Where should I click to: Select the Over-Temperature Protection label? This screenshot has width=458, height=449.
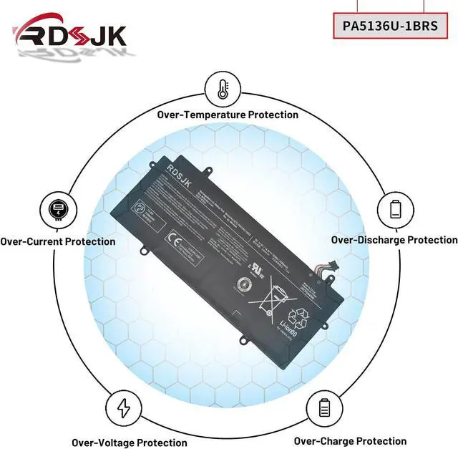[x=228, y=115]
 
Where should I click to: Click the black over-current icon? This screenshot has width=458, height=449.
[x=56, y=211]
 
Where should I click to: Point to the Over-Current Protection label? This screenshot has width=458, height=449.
[x=58, y=242]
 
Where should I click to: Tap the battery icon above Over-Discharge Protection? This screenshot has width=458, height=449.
[x=396, y=209]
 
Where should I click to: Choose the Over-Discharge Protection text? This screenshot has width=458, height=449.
[x=394, y=240]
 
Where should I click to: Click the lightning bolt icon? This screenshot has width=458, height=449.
[x=124, y=409]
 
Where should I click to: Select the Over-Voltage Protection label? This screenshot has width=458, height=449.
[x=129, y=443]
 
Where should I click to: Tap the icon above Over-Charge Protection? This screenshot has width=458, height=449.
[x=323, y=409]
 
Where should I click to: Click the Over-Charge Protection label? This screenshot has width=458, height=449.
[x=350, y=441]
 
